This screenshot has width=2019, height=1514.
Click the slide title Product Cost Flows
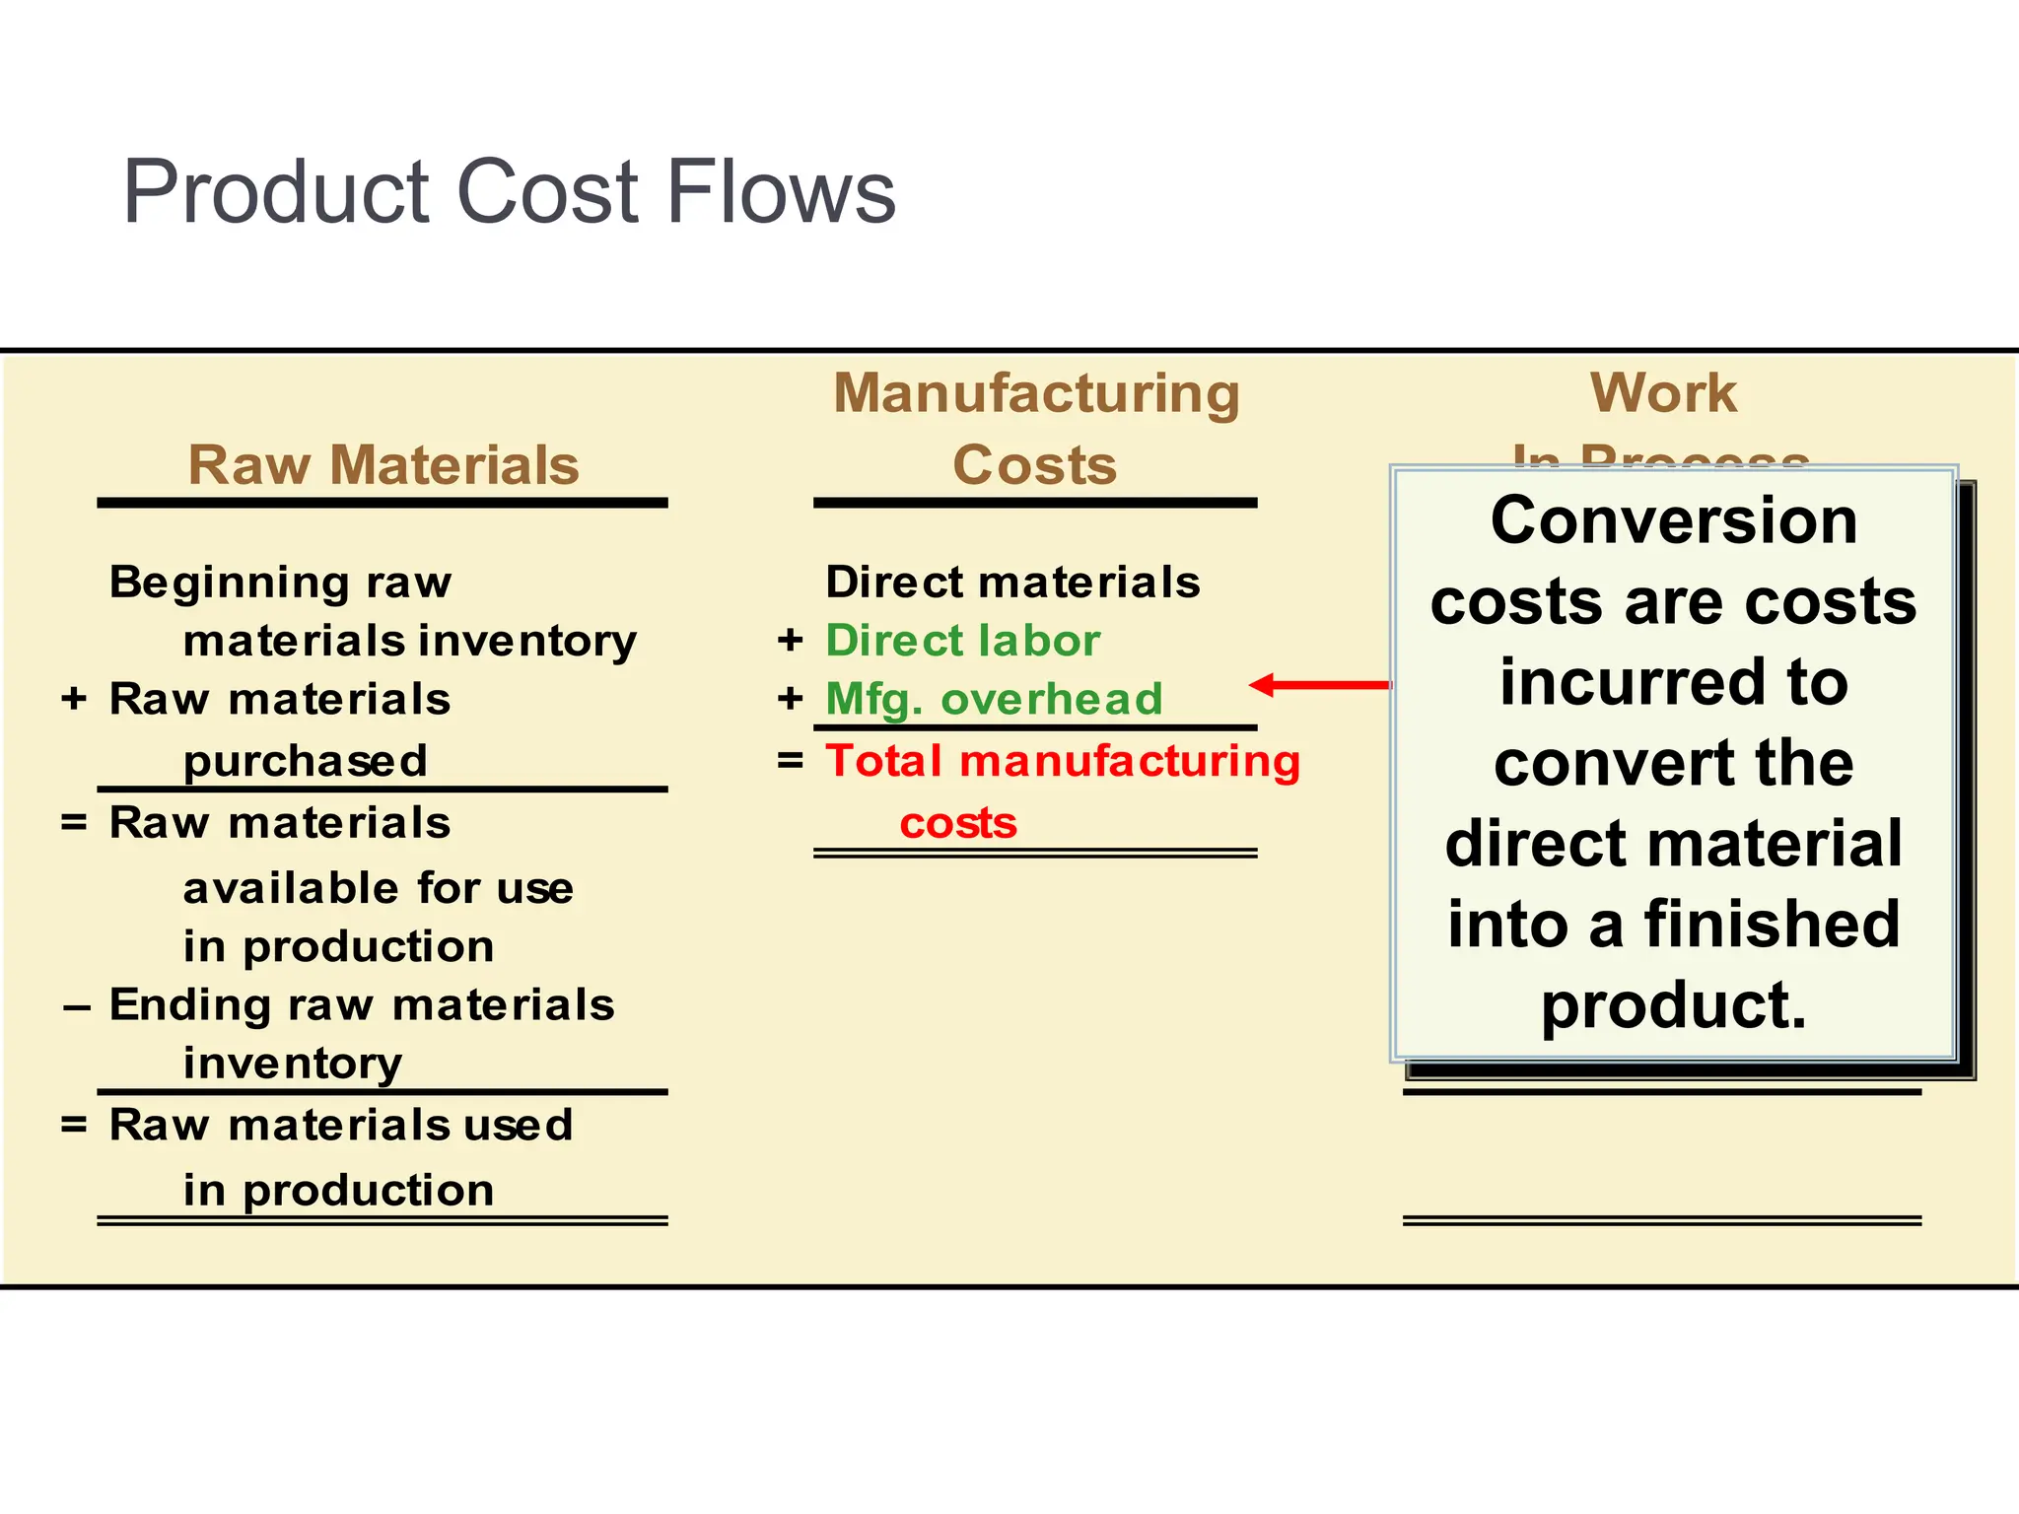click(509, 191)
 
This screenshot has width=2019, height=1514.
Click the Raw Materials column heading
click(383, 464)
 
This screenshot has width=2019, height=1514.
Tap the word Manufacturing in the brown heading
click(1036, 393)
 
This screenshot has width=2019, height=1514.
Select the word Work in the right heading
click(1663, 392)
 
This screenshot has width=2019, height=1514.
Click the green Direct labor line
click(962, 641)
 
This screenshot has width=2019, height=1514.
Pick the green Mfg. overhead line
click(994, 699)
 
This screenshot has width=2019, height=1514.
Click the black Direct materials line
click(1012, 582)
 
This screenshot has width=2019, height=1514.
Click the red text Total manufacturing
click(1063, 761)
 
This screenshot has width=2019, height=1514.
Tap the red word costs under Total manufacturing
click(957, 823)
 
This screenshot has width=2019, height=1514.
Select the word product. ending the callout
click(1673, 1005)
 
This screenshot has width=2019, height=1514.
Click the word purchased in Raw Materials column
click(306, 761)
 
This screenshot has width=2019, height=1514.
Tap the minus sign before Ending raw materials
click(76, 1007)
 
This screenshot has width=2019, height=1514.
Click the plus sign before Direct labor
click(790, 641)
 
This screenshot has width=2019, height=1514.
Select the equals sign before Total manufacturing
click(790, 761)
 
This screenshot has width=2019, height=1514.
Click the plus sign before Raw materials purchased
click(74, 700)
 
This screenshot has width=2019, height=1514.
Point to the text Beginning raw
click(280, 582)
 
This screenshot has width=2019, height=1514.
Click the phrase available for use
click(379, 888)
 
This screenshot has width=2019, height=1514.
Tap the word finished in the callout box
click(1772, 925)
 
